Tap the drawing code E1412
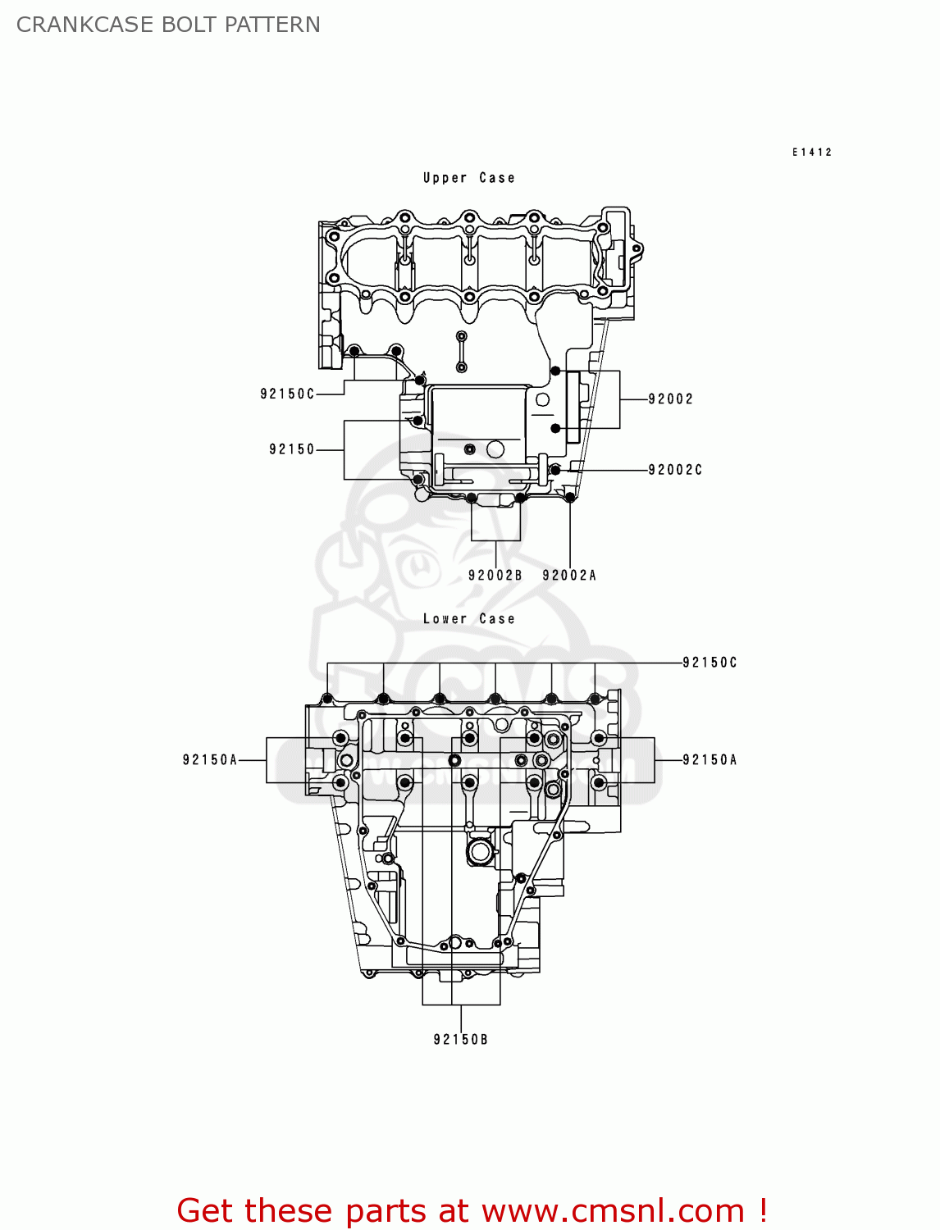pyautogui.click(x=812, y=152)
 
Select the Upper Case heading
pyautogui.click(x=468, y=178)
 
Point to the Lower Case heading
pyautogui.click(x=468, y=619)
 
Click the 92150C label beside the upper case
pyautogui.click(x=287, y=394)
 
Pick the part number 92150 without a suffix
pyautogui.click(x=292, y=449)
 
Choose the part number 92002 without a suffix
pyautogui.click(x=670, y=399)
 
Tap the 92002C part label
pyautogui.click(x=675, y=470)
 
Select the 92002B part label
pyautogui.click(x=495, y=576)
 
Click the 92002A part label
pyautogui.click(x=569, y=576)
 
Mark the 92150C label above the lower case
pyautogui.click(x=710, y=663)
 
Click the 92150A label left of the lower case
pyautogui.click(x=210, y=760)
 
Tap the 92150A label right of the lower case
pyautogui.click(x=710, y=760)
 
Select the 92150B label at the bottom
pyautogui.click(x=460, y=1040)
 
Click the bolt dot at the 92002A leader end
pyautogui.click(x=570, y=497)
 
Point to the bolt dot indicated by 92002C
pyautogui.click(x=555, y=470)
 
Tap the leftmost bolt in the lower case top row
pyautogui.click(x=327, y=699)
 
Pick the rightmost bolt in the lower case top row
pyautogui.click(x=595, y=699)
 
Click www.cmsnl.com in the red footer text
pyautogui.click(x=613, y=1211)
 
